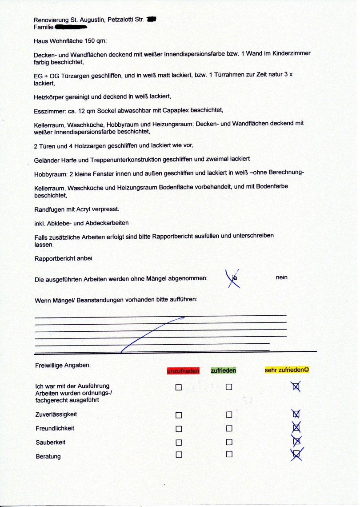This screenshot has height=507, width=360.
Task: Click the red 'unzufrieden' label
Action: pyautogui.click(x=183, y=370)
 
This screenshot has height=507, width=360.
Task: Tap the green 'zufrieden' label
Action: pyautogui.click(x=224, y=370)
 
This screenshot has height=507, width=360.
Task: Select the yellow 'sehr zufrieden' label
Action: pyautogui.click(x=287, y=370)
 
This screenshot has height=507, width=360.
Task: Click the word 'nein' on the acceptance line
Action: pyautogui.click(x=281, y=278)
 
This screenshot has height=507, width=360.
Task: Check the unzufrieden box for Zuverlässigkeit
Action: pyautogui.click(x=179, y=415)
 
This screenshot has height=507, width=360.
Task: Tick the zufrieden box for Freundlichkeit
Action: pyautogui.click(x=229, y=429)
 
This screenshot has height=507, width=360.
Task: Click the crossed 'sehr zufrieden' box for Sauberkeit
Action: pyautogui.click(x=296, y=441)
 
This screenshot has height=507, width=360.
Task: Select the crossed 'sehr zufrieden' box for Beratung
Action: pyautogui.click(x=296, y=454)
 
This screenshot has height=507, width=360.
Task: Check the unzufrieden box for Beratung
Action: pyautogui.click(x=179, y=455)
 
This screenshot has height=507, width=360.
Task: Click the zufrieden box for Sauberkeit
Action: pyautogui.click(x=229, y=442)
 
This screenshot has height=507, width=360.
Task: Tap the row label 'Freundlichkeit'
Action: pyautogui.click(x=55, y=429)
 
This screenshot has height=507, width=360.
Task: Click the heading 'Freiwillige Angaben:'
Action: pyautogui.click(x=62, y=366)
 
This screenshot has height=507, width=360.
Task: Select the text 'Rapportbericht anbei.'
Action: pyautogui.click(x=64, y=258)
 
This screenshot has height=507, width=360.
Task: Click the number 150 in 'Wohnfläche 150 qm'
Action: pyautogui.click(x=89, y=41)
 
